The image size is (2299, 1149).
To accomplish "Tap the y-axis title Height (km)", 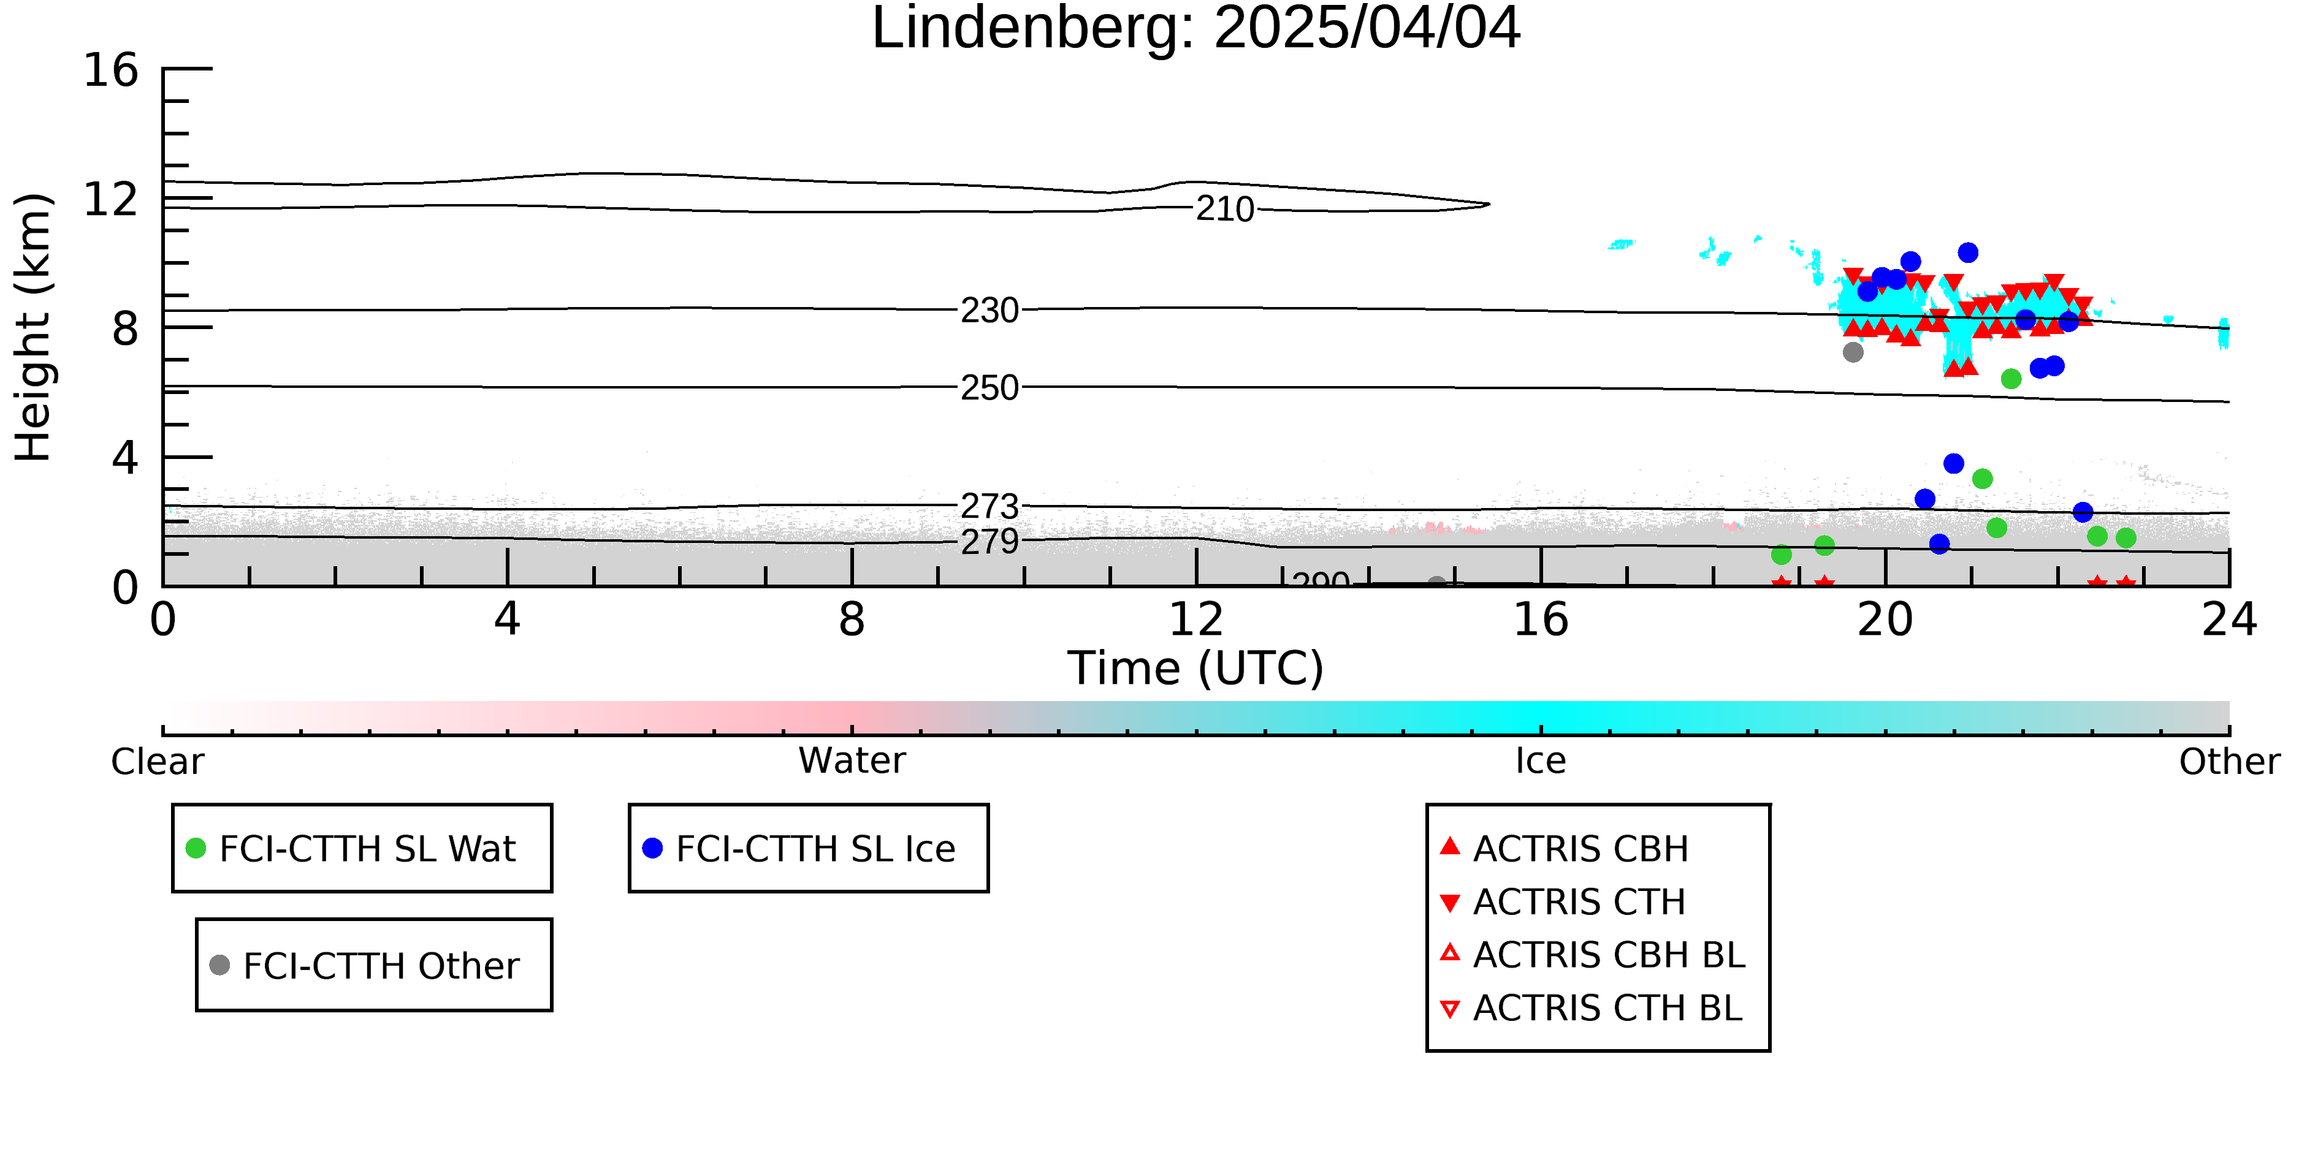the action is coord(33,327).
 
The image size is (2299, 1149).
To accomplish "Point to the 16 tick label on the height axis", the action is coord(111,70).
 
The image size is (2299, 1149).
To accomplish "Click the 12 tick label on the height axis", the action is coord(111,200).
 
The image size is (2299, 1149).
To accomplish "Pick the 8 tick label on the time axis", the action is coord(852,620).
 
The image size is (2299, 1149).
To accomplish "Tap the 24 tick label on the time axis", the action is coord(2229,620).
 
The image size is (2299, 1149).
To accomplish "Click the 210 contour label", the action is coord(1226,210).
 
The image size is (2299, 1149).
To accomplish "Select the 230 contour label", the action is coord(989,311).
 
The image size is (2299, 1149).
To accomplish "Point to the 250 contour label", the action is coord(989,388).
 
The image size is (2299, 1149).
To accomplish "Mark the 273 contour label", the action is coord(989,507).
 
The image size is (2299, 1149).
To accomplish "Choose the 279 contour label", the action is coord(989,542).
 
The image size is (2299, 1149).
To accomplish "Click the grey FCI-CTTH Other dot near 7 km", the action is coord(1853,352).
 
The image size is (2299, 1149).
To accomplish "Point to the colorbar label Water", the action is coord(852,761).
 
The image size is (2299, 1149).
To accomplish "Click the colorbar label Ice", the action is coord(1541,761).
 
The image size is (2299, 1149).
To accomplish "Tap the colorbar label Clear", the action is coord(157,762).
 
